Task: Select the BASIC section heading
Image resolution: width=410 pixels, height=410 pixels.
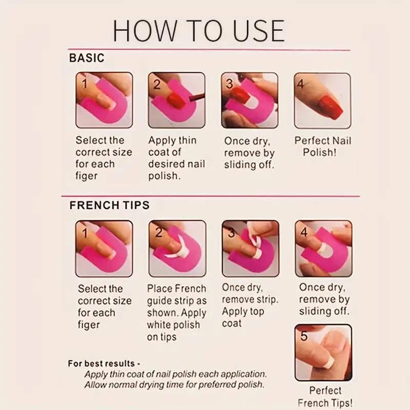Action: coord(87,58)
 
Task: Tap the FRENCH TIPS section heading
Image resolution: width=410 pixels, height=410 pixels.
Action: coord(109,205)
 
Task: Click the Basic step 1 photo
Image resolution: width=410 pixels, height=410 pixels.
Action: coord(104,100)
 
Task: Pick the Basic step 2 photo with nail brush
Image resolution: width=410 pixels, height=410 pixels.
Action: coord(176,100)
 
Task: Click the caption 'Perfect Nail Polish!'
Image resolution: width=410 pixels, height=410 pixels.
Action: coord(322,146)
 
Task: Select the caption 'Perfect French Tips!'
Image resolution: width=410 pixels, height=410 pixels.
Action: coord(324,397)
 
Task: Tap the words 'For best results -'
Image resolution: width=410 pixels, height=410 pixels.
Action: coord(104,363)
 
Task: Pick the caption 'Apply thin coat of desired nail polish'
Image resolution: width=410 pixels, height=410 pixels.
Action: coord(176,158)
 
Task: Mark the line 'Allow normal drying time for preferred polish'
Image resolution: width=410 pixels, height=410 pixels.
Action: coord(174,385)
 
